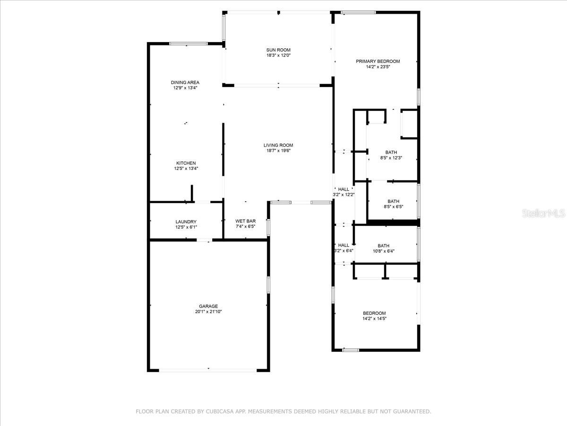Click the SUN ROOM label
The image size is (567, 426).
tap(278, 50)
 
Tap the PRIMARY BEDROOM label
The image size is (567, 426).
tap(378, 62)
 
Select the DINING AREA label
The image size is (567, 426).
tap(185, 82)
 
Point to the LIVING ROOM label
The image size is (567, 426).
tap(278, 145)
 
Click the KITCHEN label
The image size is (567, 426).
tap(186, 163)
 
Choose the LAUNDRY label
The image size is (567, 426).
tap(186, 222)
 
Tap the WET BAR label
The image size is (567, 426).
tap(245, 221)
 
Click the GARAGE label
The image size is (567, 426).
tap(208, 306)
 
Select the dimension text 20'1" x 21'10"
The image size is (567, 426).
tap(208, 311)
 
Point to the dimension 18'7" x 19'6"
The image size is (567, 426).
tap(278, 151)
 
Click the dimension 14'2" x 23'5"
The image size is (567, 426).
tap(378, 67)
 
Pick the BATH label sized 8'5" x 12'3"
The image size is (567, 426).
tap(391, 152)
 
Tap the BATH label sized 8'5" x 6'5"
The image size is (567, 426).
tap(394, 201)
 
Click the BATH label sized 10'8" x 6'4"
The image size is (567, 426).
tap(384, 246)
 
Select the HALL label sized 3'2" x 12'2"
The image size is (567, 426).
tap(344, 189)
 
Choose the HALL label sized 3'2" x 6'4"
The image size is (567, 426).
tap(344, 245)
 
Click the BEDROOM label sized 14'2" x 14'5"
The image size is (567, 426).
tap(374, 313)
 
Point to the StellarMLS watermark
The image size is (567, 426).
tap(543, 213)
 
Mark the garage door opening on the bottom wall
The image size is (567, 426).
tap(208, 371)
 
